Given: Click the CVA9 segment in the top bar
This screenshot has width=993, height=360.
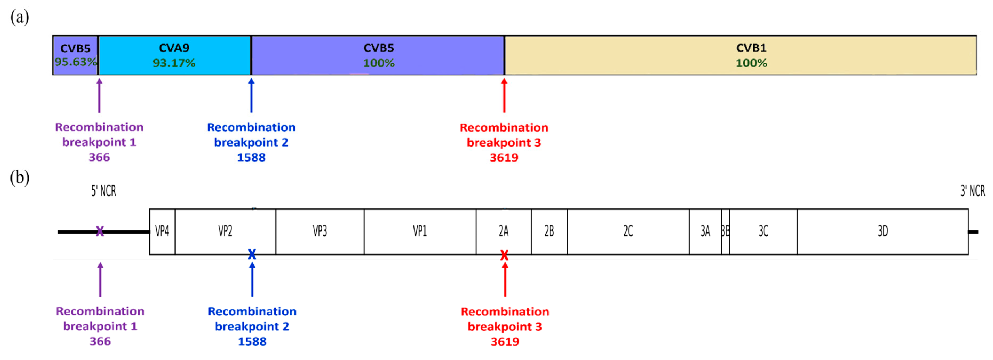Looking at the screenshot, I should [174, 55].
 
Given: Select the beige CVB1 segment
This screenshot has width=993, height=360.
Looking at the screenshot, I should [740, 55].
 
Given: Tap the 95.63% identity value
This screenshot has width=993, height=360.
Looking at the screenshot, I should [75, 62].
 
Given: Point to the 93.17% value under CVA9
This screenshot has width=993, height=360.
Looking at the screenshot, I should [174, 63].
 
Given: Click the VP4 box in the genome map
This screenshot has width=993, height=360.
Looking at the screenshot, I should [162, 231].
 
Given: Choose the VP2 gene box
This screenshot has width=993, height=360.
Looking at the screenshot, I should [225, 231].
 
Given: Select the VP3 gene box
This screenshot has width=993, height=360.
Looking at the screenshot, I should [320, 231].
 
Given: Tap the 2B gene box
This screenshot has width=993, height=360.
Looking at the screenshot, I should [549, 231].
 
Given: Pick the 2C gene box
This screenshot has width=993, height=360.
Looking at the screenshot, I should [628, 231].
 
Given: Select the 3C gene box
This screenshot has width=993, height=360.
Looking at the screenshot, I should [763, 231].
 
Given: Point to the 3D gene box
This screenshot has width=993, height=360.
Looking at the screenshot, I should [883, 231].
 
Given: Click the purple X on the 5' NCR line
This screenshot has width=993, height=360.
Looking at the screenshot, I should [100, 231].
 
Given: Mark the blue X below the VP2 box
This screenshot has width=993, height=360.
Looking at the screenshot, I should [252, 254].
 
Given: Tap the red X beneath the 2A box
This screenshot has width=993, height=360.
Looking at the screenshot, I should [504, 255].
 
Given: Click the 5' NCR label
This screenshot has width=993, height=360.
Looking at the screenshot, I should [103, 191].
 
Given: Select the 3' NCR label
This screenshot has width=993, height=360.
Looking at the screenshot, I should [972, 191].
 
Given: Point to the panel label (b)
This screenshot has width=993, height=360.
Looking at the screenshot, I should [20, 178].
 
